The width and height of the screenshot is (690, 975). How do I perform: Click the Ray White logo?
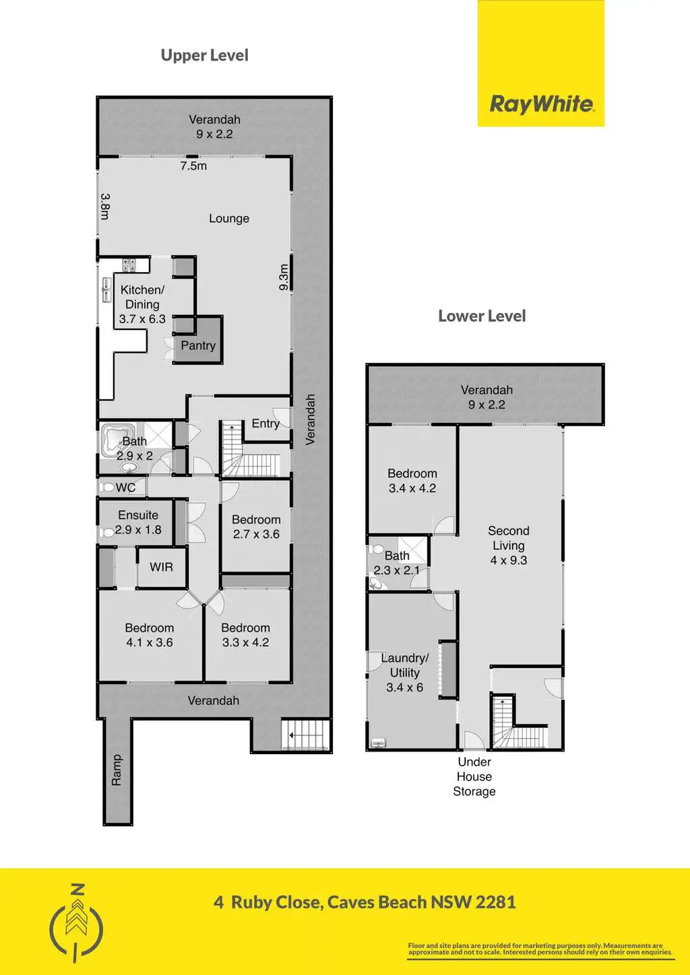tap(541, 104)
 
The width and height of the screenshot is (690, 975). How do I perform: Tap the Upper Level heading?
tap(204, 55)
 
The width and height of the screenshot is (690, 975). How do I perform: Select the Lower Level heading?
tap(482, 316)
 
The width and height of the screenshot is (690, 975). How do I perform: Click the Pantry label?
tap(198, 345)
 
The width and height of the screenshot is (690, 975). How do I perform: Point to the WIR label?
tap(161, 567)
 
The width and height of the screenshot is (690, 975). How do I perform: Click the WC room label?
tap(126, 487)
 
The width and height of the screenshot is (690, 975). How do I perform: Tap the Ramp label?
tap(117, 770)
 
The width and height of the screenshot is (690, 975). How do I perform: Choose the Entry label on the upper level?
tap(265, 423)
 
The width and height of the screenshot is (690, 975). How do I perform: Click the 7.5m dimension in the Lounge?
tap(193, 166)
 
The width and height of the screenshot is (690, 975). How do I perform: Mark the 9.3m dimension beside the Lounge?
tap(284, 277)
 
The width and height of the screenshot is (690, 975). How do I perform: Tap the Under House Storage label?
tap(474, 776)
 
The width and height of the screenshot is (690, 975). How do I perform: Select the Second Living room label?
tap(509, 545)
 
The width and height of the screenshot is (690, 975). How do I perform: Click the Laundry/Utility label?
tap(404, 672)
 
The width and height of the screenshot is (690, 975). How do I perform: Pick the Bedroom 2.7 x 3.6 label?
tap(256, 527)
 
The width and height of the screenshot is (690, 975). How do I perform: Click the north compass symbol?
tap(77, 921)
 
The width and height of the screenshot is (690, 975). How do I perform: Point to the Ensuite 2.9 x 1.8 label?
tap(138, 523)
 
